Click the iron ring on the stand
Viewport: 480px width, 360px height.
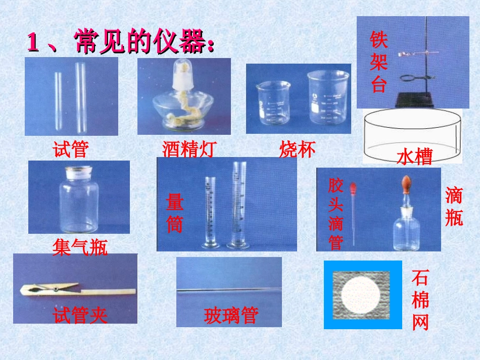tap(410, 78)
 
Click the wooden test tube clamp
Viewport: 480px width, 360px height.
tap(76, 290)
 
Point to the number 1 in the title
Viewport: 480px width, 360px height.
tap(33, 43)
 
